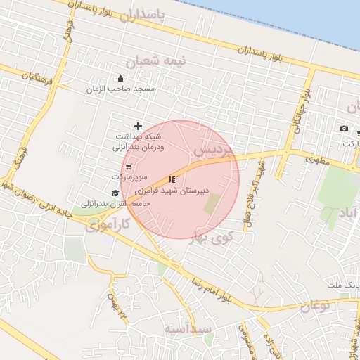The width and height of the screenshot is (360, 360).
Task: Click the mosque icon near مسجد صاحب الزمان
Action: click(x=120, y=79)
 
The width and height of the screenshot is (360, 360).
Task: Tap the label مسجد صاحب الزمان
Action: click(x=120, y=89)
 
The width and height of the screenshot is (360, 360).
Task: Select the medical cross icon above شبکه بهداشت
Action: click(x=138, y=126)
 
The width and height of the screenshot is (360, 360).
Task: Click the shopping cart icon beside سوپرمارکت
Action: click(x=128, y=166)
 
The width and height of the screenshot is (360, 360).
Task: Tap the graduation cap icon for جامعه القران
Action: click(x=115, y=193)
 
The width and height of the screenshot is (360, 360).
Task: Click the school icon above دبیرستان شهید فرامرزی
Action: click(x=172, y=180)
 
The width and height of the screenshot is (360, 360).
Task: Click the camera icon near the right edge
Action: click(x=344, y=129)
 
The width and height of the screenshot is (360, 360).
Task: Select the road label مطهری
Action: click(x=318, y=160)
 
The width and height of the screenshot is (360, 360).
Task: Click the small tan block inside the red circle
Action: click(x=212, y=204)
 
